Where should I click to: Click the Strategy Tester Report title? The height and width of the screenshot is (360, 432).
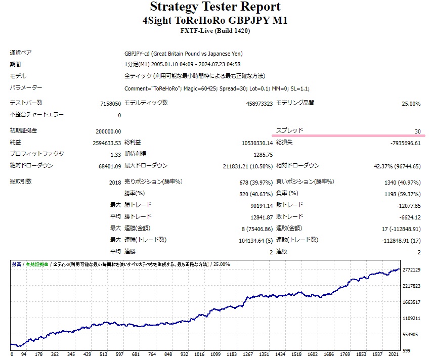215,7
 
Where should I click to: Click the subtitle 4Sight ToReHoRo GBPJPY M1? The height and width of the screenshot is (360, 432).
215,20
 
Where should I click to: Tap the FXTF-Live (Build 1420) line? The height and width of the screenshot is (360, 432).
215,31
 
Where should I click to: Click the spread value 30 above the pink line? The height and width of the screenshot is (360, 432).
417,131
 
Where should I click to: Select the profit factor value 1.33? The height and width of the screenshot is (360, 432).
115,154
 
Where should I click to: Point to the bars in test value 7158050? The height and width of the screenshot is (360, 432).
110,104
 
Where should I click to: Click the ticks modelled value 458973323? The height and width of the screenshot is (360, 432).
254,104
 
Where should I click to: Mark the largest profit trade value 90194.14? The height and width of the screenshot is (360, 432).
261,205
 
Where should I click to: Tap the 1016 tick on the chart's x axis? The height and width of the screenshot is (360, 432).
199,354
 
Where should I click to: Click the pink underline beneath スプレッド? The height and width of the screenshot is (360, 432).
349,136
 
